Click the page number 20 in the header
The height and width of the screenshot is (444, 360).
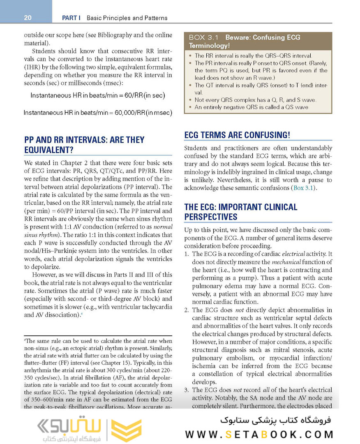(28, 18)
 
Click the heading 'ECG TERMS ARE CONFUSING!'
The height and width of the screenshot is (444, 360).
(237, 135)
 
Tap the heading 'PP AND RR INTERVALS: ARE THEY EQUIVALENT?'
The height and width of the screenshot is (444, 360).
(84, 145)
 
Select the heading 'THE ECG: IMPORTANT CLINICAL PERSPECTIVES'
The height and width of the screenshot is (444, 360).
(240, 212)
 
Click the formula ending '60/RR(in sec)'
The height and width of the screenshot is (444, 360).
(98, 95)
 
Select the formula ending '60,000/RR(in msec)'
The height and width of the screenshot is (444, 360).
(98, 112)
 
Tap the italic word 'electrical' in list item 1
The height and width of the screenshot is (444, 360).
(293, 254)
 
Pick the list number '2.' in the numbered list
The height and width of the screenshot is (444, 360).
(187, 310)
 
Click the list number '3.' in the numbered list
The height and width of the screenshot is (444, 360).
(187, 390)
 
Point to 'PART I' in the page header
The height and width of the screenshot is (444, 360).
(71, 18)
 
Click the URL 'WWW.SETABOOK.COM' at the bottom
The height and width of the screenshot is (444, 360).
(259, 434)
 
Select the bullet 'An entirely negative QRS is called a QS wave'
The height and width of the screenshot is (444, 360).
(252, 107)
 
